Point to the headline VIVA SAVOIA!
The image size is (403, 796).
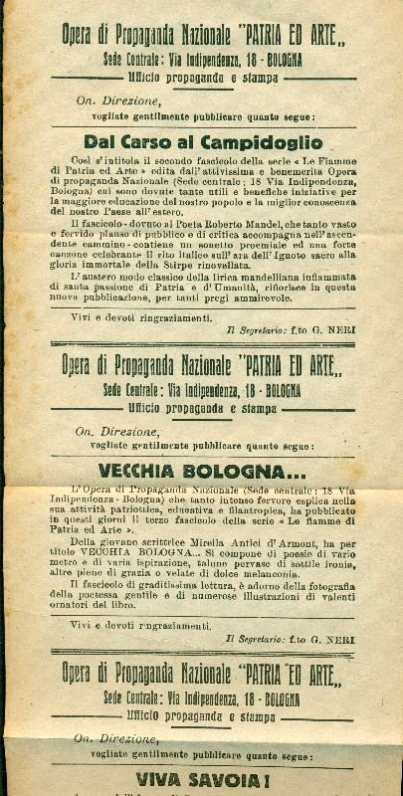(x=201, y=782)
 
